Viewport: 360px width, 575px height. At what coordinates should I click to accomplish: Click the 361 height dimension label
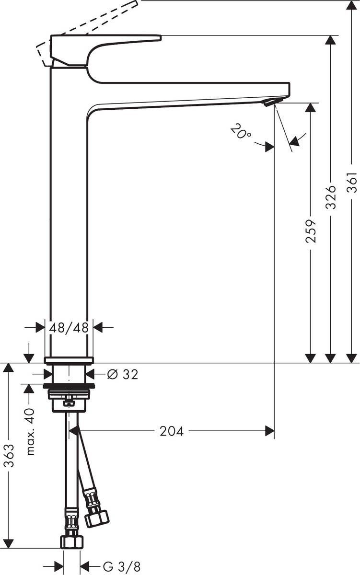tap(352, 182)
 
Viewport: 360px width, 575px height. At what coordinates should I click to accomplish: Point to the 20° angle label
tap(241, 131)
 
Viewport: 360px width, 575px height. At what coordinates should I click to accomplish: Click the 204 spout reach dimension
tap(171, 431)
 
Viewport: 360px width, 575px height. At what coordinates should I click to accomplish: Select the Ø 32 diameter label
tap(123, 374)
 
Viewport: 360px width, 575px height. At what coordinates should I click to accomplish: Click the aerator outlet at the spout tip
tap(270, 101)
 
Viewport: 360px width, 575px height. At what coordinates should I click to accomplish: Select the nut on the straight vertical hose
tap(71, 541)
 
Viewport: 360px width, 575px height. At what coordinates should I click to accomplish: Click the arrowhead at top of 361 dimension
tap(352, 6)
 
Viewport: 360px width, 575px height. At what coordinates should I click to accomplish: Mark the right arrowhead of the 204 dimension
tap(270, 431)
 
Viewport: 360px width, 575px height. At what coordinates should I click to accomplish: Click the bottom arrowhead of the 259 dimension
tap(311, 358)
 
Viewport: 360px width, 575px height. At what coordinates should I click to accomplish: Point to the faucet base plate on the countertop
tap(69, 360)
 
